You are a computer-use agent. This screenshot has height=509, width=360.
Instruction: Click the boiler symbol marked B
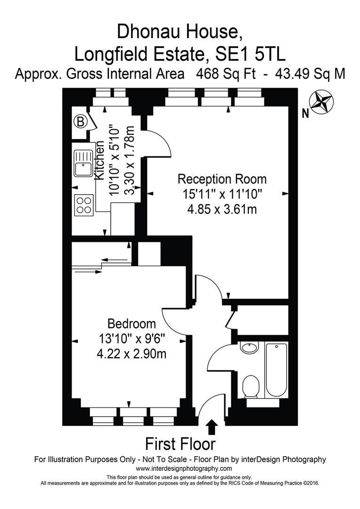pyautogui.click(x=81, y=122)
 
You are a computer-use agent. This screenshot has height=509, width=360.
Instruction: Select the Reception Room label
pyautogui.click(x=222, y=179)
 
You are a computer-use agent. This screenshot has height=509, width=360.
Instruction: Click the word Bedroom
pyautogui.click(x=131, y=324)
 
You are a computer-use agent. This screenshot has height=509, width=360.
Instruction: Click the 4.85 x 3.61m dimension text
pyautogui.click(x=222, y=208)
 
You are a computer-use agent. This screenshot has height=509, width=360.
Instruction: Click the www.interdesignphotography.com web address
pyautogui.click(x=184, y=468)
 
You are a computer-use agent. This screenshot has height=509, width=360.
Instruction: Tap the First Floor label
pyautogui.click(x=180, y=444)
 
